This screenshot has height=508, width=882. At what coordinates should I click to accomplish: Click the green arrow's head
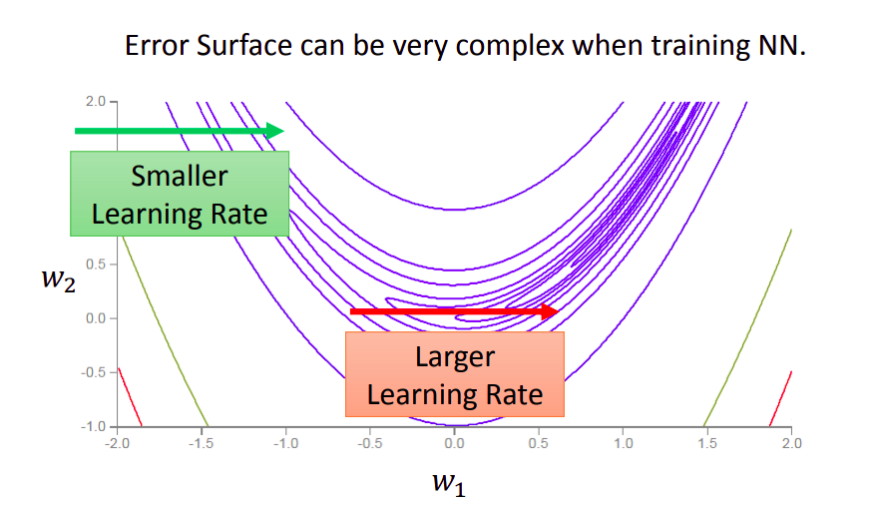coord(274,131)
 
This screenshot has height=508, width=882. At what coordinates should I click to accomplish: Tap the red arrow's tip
coord(559,311)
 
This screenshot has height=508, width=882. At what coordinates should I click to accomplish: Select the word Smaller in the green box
coord(180,176)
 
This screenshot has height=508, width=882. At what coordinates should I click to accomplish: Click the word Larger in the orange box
coord(455,357)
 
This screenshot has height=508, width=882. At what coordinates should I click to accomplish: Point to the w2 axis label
coord(58,279)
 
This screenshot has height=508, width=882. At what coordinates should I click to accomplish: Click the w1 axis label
coord(449,483)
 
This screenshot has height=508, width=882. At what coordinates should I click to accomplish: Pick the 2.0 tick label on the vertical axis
coord(96,101)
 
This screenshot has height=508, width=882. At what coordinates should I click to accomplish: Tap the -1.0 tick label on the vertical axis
coord(94,426)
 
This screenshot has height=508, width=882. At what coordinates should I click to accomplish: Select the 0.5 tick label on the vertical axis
coord(96,263)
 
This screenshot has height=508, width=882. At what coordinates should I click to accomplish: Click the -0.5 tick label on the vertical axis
coord(94,372)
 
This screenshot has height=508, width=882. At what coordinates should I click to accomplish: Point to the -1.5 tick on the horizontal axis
coord(201,443)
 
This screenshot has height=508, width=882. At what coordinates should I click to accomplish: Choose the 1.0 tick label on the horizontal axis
coord(624,443)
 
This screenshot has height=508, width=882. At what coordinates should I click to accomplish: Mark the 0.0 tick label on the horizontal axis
coord(455,443)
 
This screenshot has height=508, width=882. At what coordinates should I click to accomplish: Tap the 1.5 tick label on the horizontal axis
coord(707,443)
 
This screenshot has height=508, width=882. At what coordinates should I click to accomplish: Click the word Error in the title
coord(158,46)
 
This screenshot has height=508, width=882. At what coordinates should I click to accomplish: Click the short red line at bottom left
coord(130,397)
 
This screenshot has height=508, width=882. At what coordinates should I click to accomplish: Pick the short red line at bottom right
coord(781,398)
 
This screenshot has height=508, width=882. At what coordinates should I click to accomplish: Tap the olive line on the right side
coord(748,327)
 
